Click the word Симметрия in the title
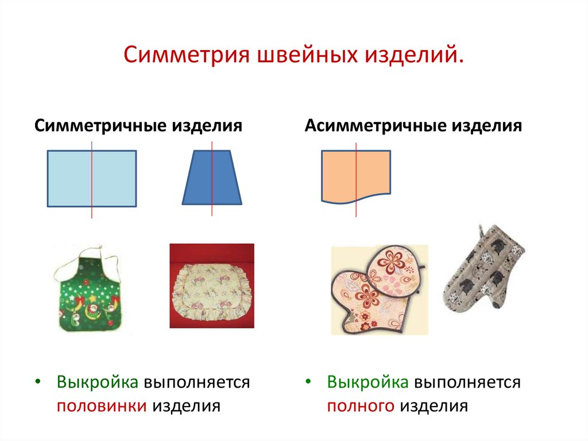[187, 54]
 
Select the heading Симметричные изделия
[138, 125]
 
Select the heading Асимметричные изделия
[413, 125]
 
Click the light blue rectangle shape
[92, 178]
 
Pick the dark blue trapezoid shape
[212, 178]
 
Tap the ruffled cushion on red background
[212, 286]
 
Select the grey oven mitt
[483, 269]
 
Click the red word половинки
[102, 406]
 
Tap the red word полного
[361, 406]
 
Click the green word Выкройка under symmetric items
[98, 382]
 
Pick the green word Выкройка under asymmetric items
[368, 382]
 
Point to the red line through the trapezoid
[212, 179]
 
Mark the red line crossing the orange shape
[356, 180]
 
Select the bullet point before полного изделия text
[308, 382]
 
